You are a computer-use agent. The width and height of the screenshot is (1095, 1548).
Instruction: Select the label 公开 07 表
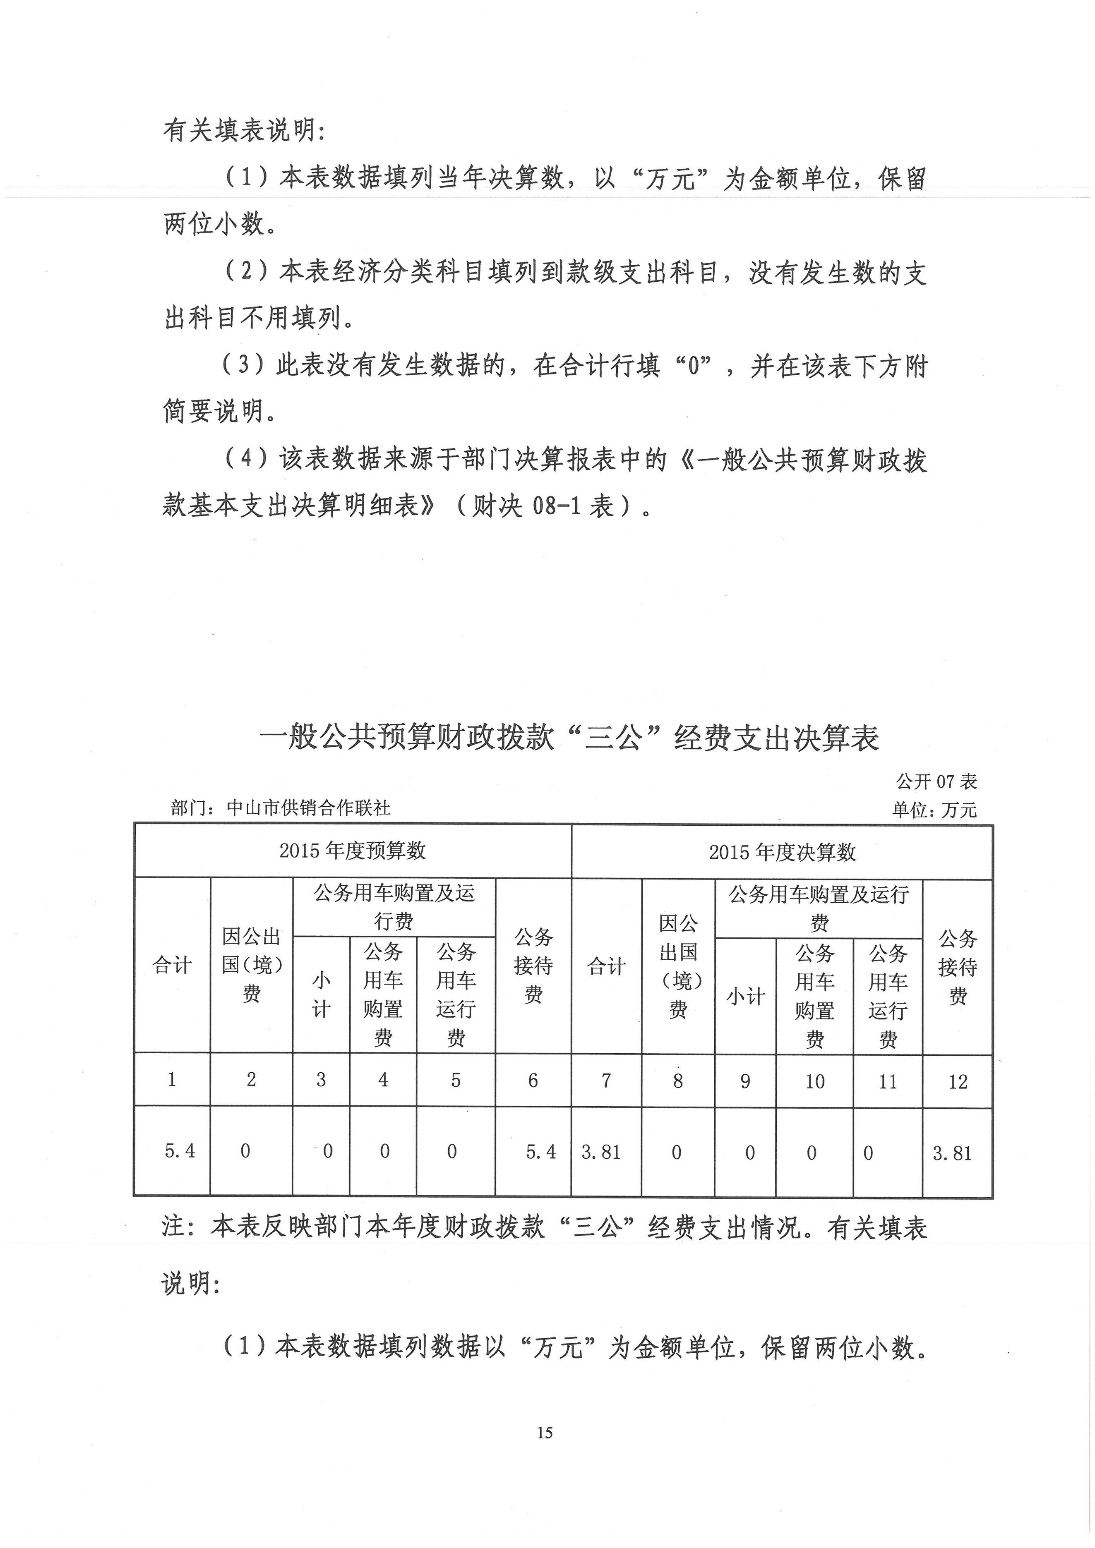(936, 781)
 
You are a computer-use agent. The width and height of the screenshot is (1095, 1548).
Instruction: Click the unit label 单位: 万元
(934, 809)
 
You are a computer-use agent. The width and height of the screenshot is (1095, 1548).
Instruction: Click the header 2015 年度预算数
(353, 850)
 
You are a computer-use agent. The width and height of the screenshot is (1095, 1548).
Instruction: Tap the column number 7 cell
(606, 1081)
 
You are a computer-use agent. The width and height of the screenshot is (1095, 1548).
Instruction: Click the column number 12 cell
(958, 1082)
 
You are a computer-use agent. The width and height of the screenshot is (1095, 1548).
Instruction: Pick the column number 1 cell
(172, 1079)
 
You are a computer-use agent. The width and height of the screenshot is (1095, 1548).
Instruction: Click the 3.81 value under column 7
(601, 1152)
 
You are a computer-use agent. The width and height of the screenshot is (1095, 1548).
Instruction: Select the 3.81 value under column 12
(952, 1153)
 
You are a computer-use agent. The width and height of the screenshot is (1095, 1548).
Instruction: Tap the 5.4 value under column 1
(180, 1150)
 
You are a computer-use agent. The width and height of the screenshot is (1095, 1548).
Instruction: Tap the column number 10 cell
(814, 1081)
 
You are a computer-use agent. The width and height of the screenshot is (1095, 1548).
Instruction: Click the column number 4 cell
(383, 1080)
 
